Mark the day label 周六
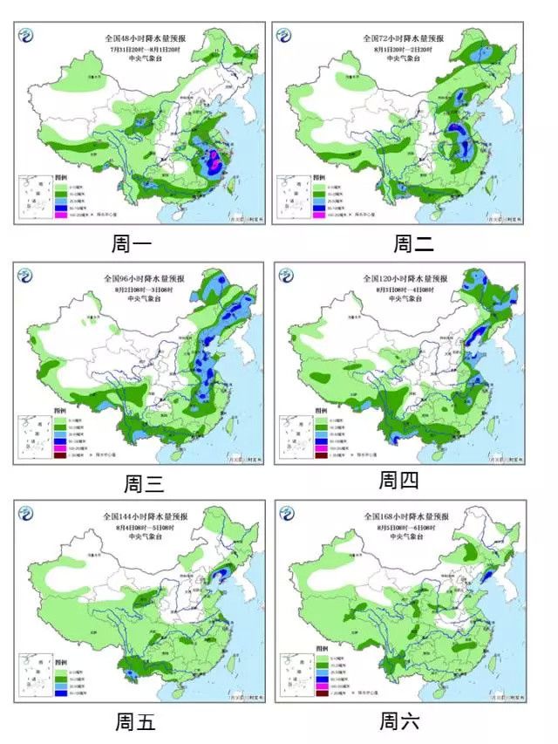click(x=400, y=720)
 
